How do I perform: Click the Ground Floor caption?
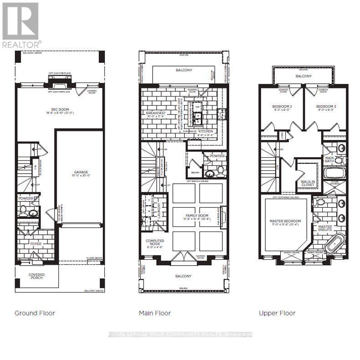tap(35, 313)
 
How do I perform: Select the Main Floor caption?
tap(155, 313)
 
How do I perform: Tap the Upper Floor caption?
tap(277, 313)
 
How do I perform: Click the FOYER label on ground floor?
tap(36, 244)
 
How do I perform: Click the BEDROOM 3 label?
tap(326, 108)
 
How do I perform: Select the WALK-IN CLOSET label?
tap(308, 183)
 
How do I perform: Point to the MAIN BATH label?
tap(329, 159)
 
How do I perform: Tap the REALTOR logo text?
tap(21, 45)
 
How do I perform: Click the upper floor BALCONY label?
tap(303, 76)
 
